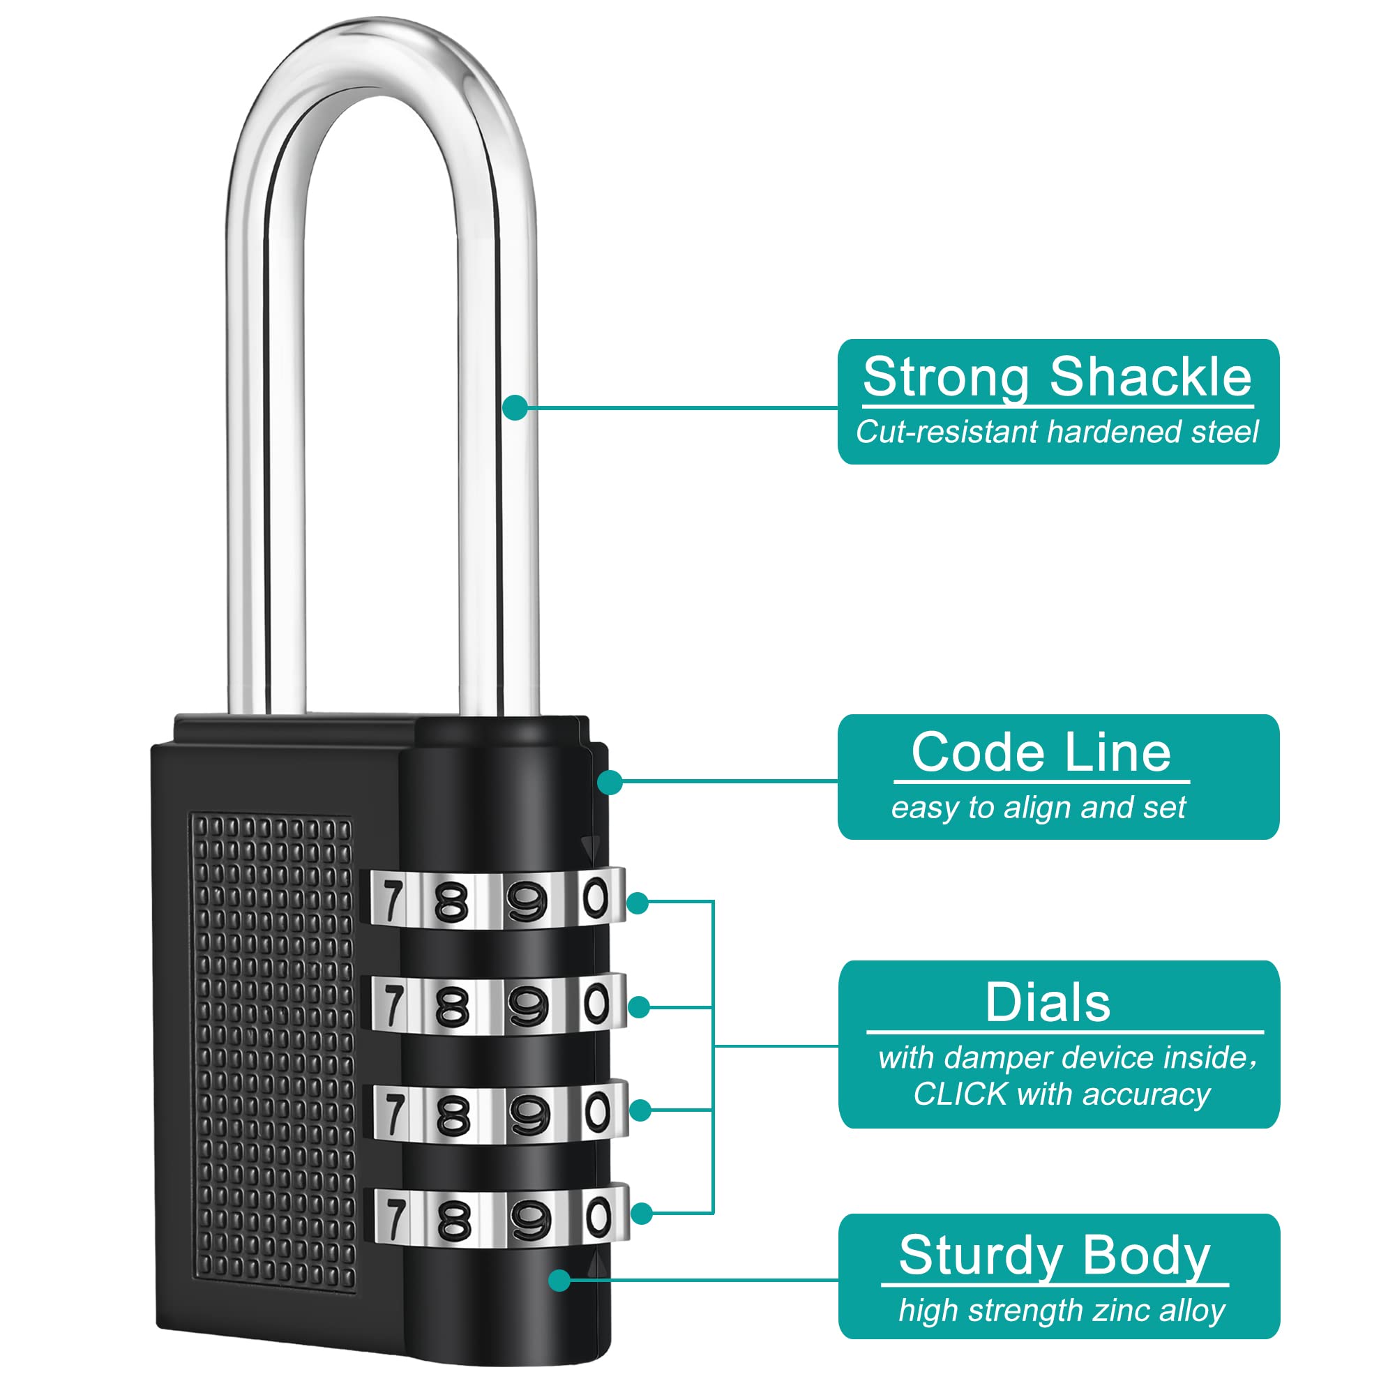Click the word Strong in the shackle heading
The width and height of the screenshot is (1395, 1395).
(x=946, y=378)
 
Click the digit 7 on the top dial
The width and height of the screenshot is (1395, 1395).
(x=392, y=900)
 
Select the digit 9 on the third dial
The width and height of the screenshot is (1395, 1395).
(x=529, y=1115)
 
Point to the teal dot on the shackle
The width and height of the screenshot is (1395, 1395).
(x=515, y=407)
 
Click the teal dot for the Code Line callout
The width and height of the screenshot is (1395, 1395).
(x=611, y=781)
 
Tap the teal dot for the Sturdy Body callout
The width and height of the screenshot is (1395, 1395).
(x=559, y=1280)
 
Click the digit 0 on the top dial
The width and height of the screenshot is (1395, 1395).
(x=595, y=898)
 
